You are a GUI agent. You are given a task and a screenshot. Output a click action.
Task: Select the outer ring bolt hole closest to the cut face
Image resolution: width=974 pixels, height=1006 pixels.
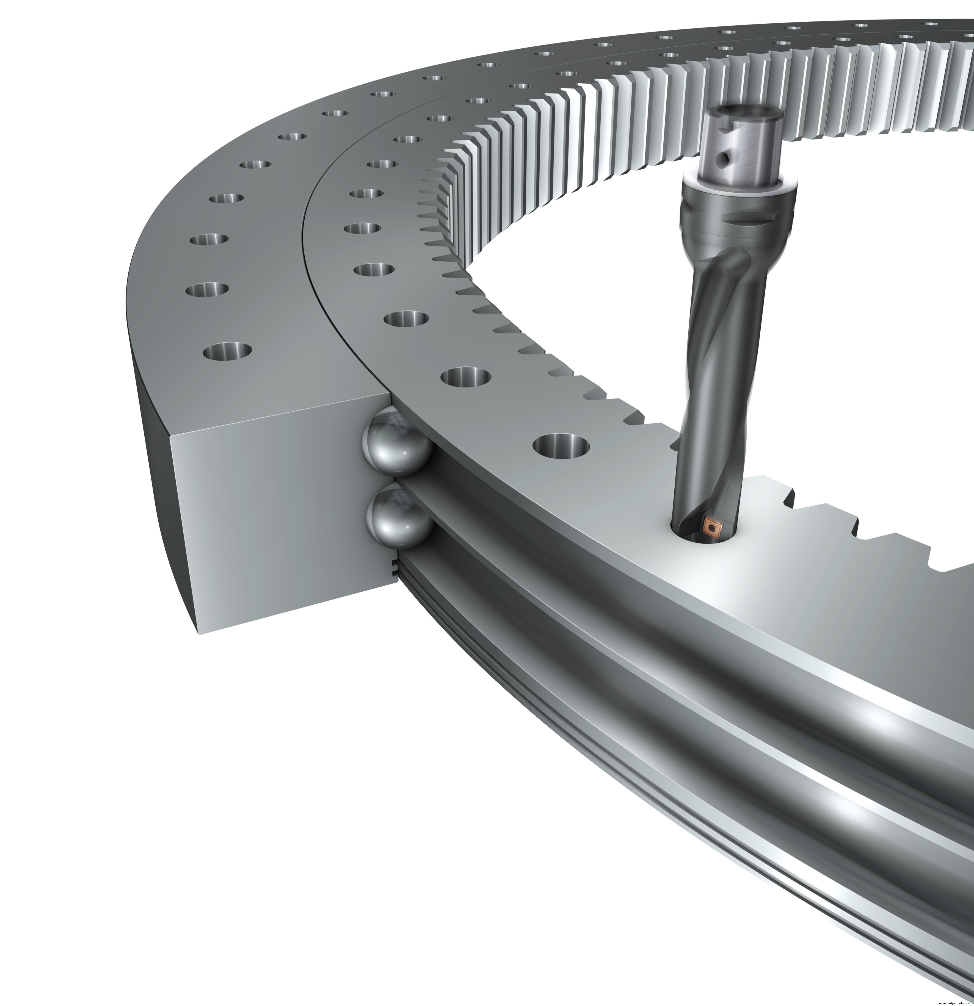[x=227, y=351]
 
